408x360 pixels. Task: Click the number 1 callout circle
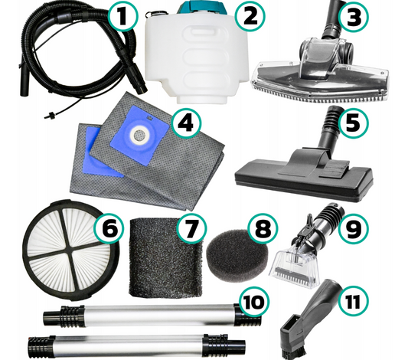122,16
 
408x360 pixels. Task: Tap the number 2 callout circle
250,16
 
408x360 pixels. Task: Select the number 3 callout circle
354,16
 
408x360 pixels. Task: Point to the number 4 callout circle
185,123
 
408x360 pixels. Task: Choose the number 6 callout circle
109,229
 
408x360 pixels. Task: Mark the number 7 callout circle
191,228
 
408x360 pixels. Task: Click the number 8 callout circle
263,229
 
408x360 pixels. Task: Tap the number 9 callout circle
354,228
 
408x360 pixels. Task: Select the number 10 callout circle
253,302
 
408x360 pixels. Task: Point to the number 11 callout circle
354,301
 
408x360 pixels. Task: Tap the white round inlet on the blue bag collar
139,134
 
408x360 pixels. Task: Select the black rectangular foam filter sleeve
166,257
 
